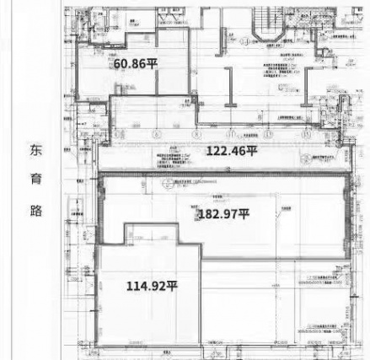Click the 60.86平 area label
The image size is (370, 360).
(x=136, y=63)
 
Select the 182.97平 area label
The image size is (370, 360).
(x=223, y=213)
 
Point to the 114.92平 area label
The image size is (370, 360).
(x=152, y=285)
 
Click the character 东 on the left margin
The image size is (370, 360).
(x=35, y=149)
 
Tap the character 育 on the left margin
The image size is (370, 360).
(x=35, y=180)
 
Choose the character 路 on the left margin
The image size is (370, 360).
(x=35, y=210)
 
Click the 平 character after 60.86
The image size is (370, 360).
(x=152, y=63)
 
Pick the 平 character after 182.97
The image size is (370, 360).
(x=243, y=213)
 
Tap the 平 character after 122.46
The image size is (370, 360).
(x=251, y=151)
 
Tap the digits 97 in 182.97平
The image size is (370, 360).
(x=229, y=213)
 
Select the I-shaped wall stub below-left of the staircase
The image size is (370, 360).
(x=229, y=84)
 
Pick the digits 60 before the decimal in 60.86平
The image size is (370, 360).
(x=121, y=63)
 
